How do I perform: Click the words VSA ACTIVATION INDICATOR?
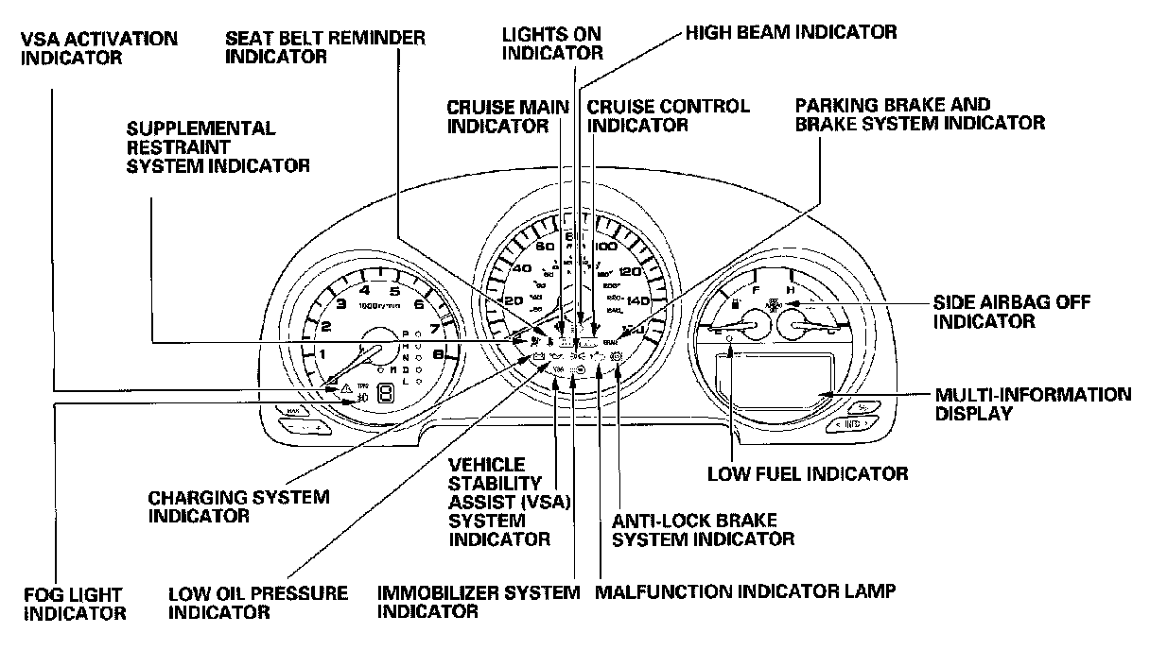click(x=99, y=47)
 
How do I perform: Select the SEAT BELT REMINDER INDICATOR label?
click(x=325, y=47)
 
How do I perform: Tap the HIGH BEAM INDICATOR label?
click(x=791, y=32)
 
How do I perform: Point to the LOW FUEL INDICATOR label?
click(x=808, y=473)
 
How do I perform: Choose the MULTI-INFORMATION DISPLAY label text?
click(x=1033, y=403)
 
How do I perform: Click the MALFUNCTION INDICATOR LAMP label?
click(x=745, y=593)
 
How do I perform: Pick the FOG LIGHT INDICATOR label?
click(x=75, y=604)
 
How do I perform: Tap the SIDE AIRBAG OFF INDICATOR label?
click(x=1012, y=312)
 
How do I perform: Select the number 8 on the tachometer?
click(x=439, y=355)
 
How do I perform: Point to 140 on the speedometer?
click(x=637, y=301)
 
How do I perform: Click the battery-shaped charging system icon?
click(x=538, y=357)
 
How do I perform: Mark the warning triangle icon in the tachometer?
click(x=347, y=387)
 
